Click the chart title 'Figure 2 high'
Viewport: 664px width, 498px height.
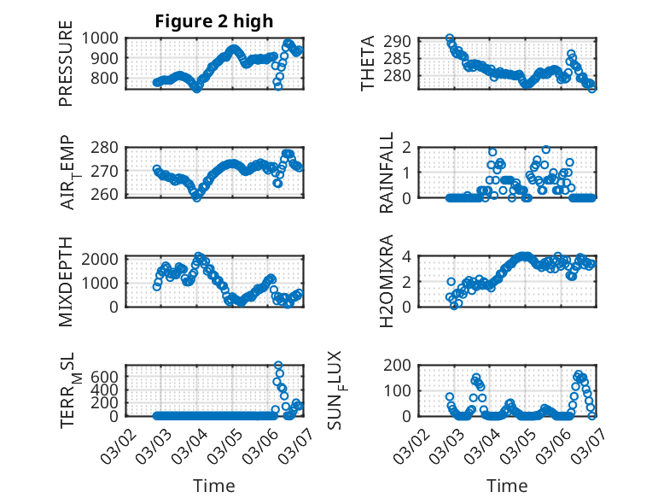pos(214,21)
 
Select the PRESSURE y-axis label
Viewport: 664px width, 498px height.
pos(66,63)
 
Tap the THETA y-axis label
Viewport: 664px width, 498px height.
pos(368,63)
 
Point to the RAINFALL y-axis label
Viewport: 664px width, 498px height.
pos(387,173)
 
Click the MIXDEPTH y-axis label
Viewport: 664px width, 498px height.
pos(66,281)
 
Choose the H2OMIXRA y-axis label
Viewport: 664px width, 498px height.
pos(387,281)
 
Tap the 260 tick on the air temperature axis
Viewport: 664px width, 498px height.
pos(109,196)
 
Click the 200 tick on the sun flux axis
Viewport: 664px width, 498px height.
pos(405,366)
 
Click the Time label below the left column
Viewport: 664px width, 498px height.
pos(214,485)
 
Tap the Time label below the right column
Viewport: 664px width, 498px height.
pos(508,485)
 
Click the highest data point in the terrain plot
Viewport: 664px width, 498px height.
pos(278,366)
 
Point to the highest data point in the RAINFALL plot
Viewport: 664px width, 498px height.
pos(545,149)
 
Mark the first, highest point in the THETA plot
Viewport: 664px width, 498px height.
pos(450,38)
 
